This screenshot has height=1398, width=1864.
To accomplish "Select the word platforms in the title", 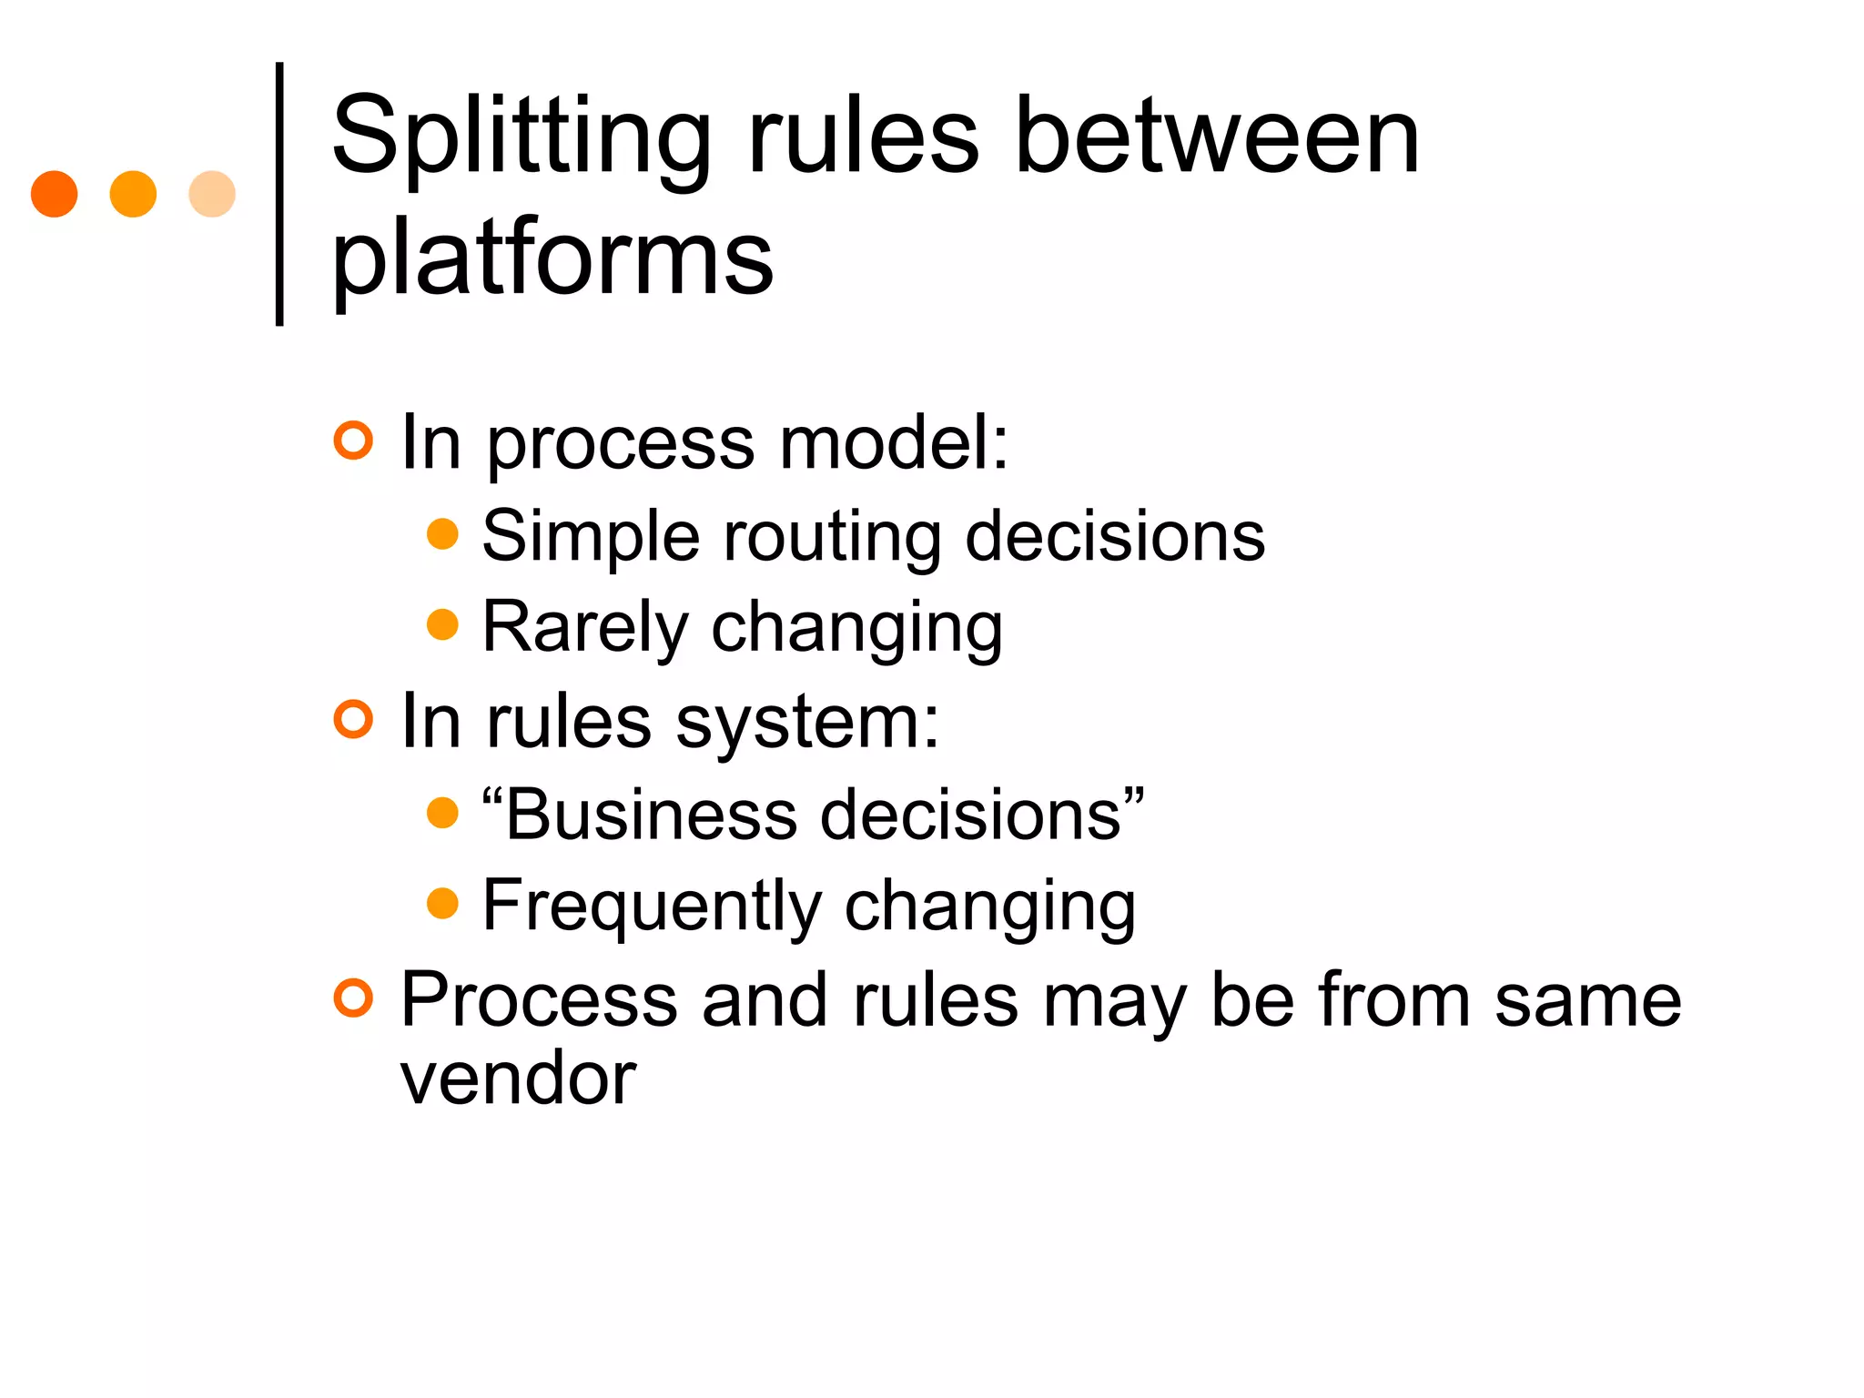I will click(x=552, y=259).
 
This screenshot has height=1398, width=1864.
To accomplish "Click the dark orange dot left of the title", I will click(x=54, y=194).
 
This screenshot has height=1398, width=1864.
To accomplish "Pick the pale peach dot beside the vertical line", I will click(x=212, y=194).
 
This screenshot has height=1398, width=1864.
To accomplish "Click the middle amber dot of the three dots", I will click(x=133, y=194).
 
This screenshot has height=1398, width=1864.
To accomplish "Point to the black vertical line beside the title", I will click(x=279, y=194).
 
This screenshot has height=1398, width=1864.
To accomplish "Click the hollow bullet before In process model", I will click(x=353, y=441).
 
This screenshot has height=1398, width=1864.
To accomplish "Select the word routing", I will click(x=833, y=537).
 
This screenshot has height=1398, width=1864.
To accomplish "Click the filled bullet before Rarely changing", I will click(x=442, y=624).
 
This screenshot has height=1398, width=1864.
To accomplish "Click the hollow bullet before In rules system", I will click(x=353, y=719).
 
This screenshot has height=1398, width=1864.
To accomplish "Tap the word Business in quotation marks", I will click(x=651, y=815).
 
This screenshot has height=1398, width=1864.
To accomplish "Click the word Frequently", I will click(x=652, y=907).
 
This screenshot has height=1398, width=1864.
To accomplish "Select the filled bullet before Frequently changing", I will click(x=442, y=904).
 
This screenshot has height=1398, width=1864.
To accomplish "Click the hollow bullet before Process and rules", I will click(x=353, y=998).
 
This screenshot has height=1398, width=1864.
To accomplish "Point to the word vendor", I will click(x=518, y=1079).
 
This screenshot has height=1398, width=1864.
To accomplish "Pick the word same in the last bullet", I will click(x=1587, y=1001).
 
